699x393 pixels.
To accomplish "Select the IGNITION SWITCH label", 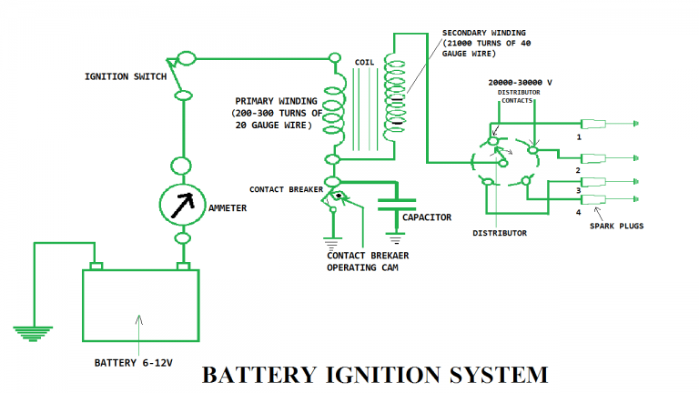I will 126,76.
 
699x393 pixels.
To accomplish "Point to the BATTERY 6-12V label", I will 136,363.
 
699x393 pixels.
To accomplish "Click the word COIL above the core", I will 367,62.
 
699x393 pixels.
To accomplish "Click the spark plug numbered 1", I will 601,123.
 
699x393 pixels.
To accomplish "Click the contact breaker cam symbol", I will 339,195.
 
